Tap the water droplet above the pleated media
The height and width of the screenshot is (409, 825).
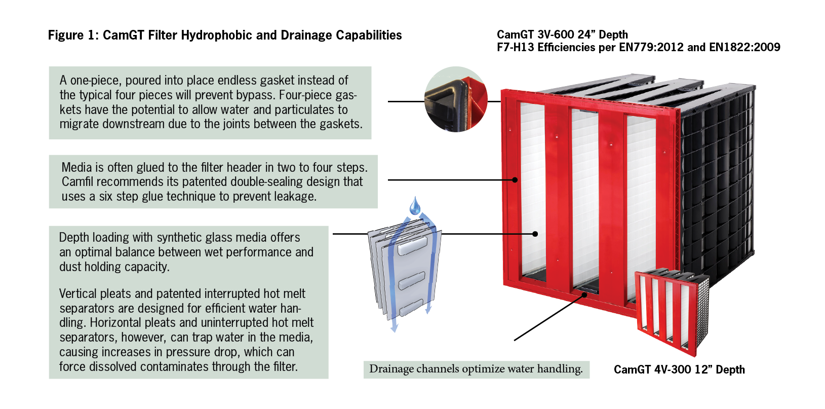click(415, 206)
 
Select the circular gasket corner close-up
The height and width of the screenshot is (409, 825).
click(455, 99)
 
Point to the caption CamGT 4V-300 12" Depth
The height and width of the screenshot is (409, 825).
click(679, 369)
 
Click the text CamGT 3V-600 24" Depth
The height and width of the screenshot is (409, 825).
click(562, 34)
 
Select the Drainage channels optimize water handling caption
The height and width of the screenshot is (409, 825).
click(476, 369)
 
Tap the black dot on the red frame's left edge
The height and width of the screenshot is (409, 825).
click(515, 179)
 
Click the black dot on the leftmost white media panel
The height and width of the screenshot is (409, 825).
click(535, 234)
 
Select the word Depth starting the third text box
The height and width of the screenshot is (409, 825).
click(74, 238)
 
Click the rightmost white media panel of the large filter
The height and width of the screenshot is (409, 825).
click(641, 203)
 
